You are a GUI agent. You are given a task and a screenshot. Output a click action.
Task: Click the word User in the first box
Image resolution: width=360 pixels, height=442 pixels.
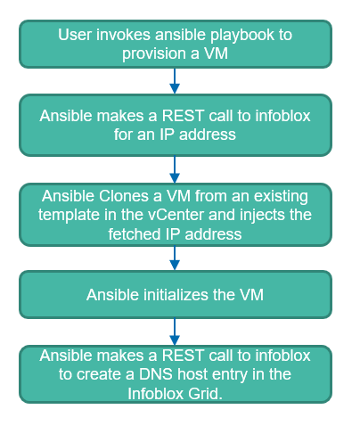click(x=75, y=35)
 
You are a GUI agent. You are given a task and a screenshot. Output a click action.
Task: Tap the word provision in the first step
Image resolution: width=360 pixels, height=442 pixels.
click(x=152, y=53)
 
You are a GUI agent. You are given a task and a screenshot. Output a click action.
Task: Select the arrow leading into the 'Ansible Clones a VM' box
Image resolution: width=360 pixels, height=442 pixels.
click(x=175, y=168)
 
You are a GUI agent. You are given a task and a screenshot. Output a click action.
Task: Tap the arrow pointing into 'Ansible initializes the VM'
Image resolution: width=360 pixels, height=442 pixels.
click(x=175, y=258)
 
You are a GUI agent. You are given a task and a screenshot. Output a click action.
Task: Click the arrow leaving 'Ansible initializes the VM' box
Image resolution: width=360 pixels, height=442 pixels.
click(x=175, y=331)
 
